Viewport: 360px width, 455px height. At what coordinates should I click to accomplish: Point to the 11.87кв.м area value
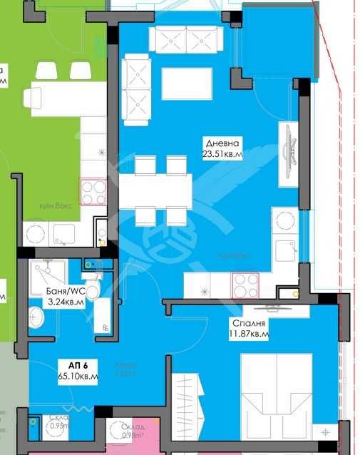click(249, 333)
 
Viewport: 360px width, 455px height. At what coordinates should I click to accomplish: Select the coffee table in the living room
click(186, 84)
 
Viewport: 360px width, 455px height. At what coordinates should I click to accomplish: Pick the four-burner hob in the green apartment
click(93, 191)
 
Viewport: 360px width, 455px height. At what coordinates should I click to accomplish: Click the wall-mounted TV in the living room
click(289, 152)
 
